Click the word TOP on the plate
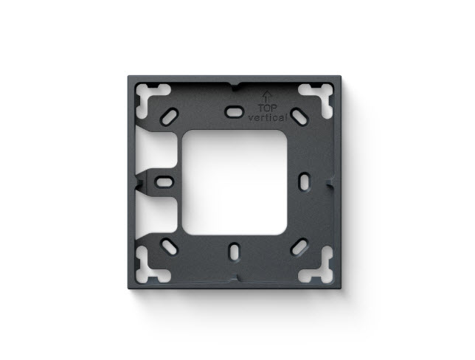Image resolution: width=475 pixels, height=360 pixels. [x=268, y=108]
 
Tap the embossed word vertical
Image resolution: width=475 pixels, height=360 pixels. [x=267, y=117]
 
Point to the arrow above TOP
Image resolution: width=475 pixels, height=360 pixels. [x=267, y=97]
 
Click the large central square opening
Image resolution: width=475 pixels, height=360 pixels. [x=235, y=182]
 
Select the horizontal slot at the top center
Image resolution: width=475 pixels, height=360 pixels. [x=235, y=111]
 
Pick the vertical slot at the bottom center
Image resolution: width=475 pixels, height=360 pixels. [x=235, y=252]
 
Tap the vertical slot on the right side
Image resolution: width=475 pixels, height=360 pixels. [x=305, y=181]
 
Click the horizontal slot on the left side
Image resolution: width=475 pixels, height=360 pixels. [x=164, y=182]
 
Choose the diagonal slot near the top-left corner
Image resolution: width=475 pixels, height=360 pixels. [x=169, y=117]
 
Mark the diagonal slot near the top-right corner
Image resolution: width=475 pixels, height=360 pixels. [x=300, y=117]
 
